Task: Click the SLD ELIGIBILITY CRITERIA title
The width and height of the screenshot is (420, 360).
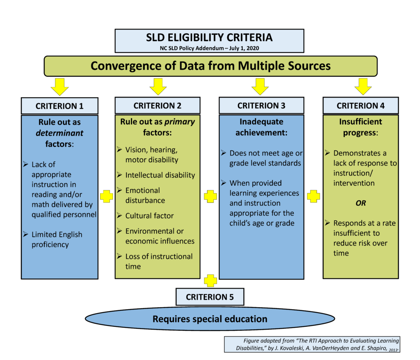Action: point(209,38)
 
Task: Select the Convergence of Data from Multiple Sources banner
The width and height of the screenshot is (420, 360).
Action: point(210,66)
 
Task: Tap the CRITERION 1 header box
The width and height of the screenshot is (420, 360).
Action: point(59,106)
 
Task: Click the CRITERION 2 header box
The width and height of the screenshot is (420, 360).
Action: point(157,105)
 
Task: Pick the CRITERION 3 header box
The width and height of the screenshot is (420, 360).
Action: point(261,105)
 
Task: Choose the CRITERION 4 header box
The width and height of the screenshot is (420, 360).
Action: point(361,105)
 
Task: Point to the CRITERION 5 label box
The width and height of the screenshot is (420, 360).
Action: point(210,297)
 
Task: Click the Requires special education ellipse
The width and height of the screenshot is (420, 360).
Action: point(210,319)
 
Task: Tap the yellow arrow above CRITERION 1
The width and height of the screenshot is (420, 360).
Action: point(59,87)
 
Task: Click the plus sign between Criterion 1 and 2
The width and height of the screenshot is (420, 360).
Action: point(106,196)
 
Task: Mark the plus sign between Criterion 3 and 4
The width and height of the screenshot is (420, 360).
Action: point(313,196)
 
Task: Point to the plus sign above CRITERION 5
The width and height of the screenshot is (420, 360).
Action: point(210,281)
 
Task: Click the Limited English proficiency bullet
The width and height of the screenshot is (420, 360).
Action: point(57,239)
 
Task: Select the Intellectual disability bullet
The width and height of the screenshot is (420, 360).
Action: point(160,175)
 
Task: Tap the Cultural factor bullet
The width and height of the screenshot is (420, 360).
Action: point(149,216)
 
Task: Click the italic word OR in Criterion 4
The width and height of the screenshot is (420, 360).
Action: point(360,203)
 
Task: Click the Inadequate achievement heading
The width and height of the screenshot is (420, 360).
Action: point(261,127)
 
